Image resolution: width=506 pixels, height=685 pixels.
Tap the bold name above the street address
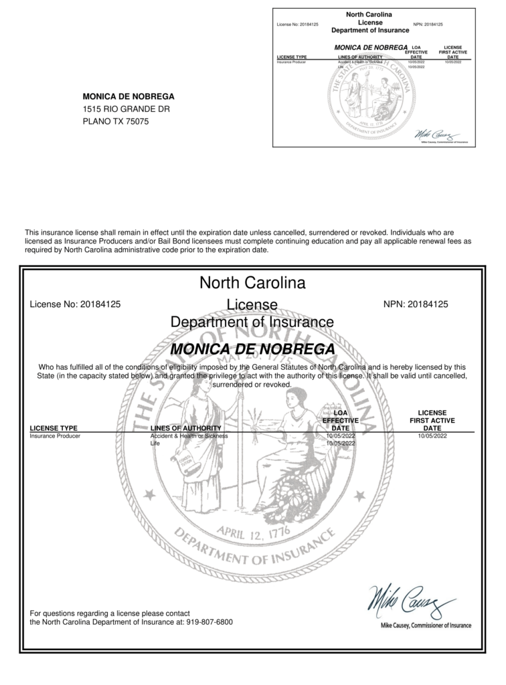128,96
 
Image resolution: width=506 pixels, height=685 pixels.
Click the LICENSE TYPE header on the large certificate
54,428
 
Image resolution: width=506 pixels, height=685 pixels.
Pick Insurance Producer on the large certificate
55,436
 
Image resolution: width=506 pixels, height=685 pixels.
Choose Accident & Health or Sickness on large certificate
189,436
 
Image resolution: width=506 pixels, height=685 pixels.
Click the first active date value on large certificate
432,436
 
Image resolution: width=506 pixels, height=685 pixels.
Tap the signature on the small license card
434,132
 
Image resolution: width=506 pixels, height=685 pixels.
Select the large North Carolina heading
252,283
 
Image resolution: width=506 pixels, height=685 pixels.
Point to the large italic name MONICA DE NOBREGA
252,349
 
